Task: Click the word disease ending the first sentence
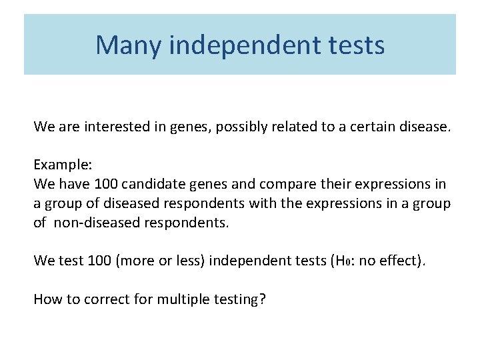click(x=423, y=126)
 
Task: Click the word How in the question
click(x=46, y=299)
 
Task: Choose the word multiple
click(x=179, y=299)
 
